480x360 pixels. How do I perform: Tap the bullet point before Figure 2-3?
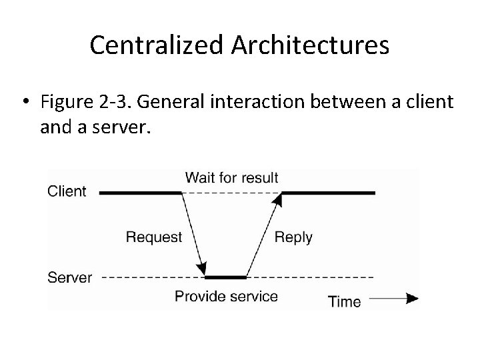(x=26, y=103)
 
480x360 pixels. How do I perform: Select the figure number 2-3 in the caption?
(x=117, y=103)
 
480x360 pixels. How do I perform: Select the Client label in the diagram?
(x=67, y=191)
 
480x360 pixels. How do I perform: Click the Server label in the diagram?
(x=70, y=277)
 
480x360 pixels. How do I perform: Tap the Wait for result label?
(x=231, y=177)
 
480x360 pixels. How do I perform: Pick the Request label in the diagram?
(x=153, y=237)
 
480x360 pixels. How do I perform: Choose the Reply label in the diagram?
(x=293, y=237)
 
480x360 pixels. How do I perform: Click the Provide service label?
(x=226, y=295)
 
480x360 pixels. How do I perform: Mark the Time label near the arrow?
(x=345, y=301)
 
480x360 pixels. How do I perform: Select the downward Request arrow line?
(x=192, y=233)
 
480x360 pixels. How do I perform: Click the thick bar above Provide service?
(x=225, y=277)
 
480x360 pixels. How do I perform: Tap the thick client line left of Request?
(x=141, y=193)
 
